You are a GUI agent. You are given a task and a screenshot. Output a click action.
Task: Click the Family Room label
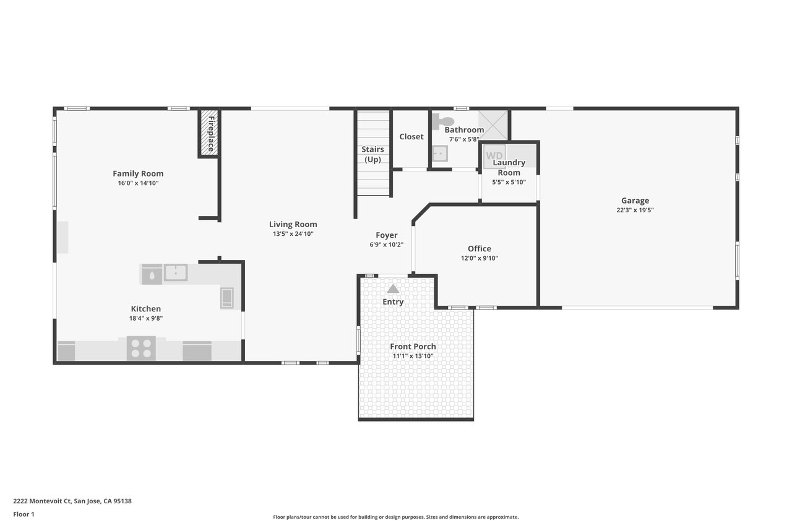pos(138,174)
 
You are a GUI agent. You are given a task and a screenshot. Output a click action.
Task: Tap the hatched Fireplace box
pos(209,133)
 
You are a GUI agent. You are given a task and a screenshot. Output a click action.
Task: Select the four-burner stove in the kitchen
pos(141,348)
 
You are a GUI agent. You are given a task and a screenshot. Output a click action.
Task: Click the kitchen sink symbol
pos(176,272)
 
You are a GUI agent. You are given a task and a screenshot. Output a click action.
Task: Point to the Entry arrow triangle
pos(393,289)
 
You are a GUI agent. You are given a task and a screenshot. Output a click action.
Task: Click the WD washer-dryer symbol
pos(494,156)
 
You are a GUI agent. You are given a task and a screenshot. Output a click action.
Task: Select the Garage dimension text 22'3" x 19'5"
pos(635,210)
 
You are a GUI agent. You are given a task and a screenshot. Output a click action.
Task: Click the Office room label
pos(480,249)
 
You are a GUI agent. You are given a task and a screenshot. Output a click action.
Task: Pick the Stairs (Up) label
pos(372,155)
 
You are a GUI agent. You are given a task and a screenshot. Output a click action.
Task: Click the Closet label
pos(411,137)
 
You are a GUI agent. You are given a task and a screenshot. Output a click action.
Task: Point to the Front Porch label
pos(413,347)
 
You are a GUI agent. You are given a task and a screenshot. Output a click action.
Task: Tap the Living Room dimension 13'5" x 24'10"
pos(293,234)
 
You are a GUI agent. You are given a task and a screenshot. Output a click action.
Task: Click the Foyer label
pos(387,235)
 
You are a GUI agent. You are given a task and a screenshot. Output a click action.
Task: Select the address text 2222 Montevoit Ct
pos(43,501)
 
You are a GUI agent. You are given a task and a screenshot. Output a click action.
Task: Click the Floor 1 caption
pos(24,514)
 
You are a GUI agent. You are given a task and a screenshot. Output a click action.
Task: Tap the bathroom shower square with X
pos(493,125)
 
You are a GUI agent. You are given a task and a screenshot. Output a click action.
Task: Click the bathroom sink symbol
pos(440,154)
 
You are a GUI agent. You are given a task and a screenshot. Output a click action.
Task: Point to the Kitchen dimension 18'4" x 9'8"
pos(146,318)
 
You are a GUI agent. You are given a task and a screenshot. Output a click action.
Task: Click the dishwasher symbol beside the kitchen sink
pos(152,274)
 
